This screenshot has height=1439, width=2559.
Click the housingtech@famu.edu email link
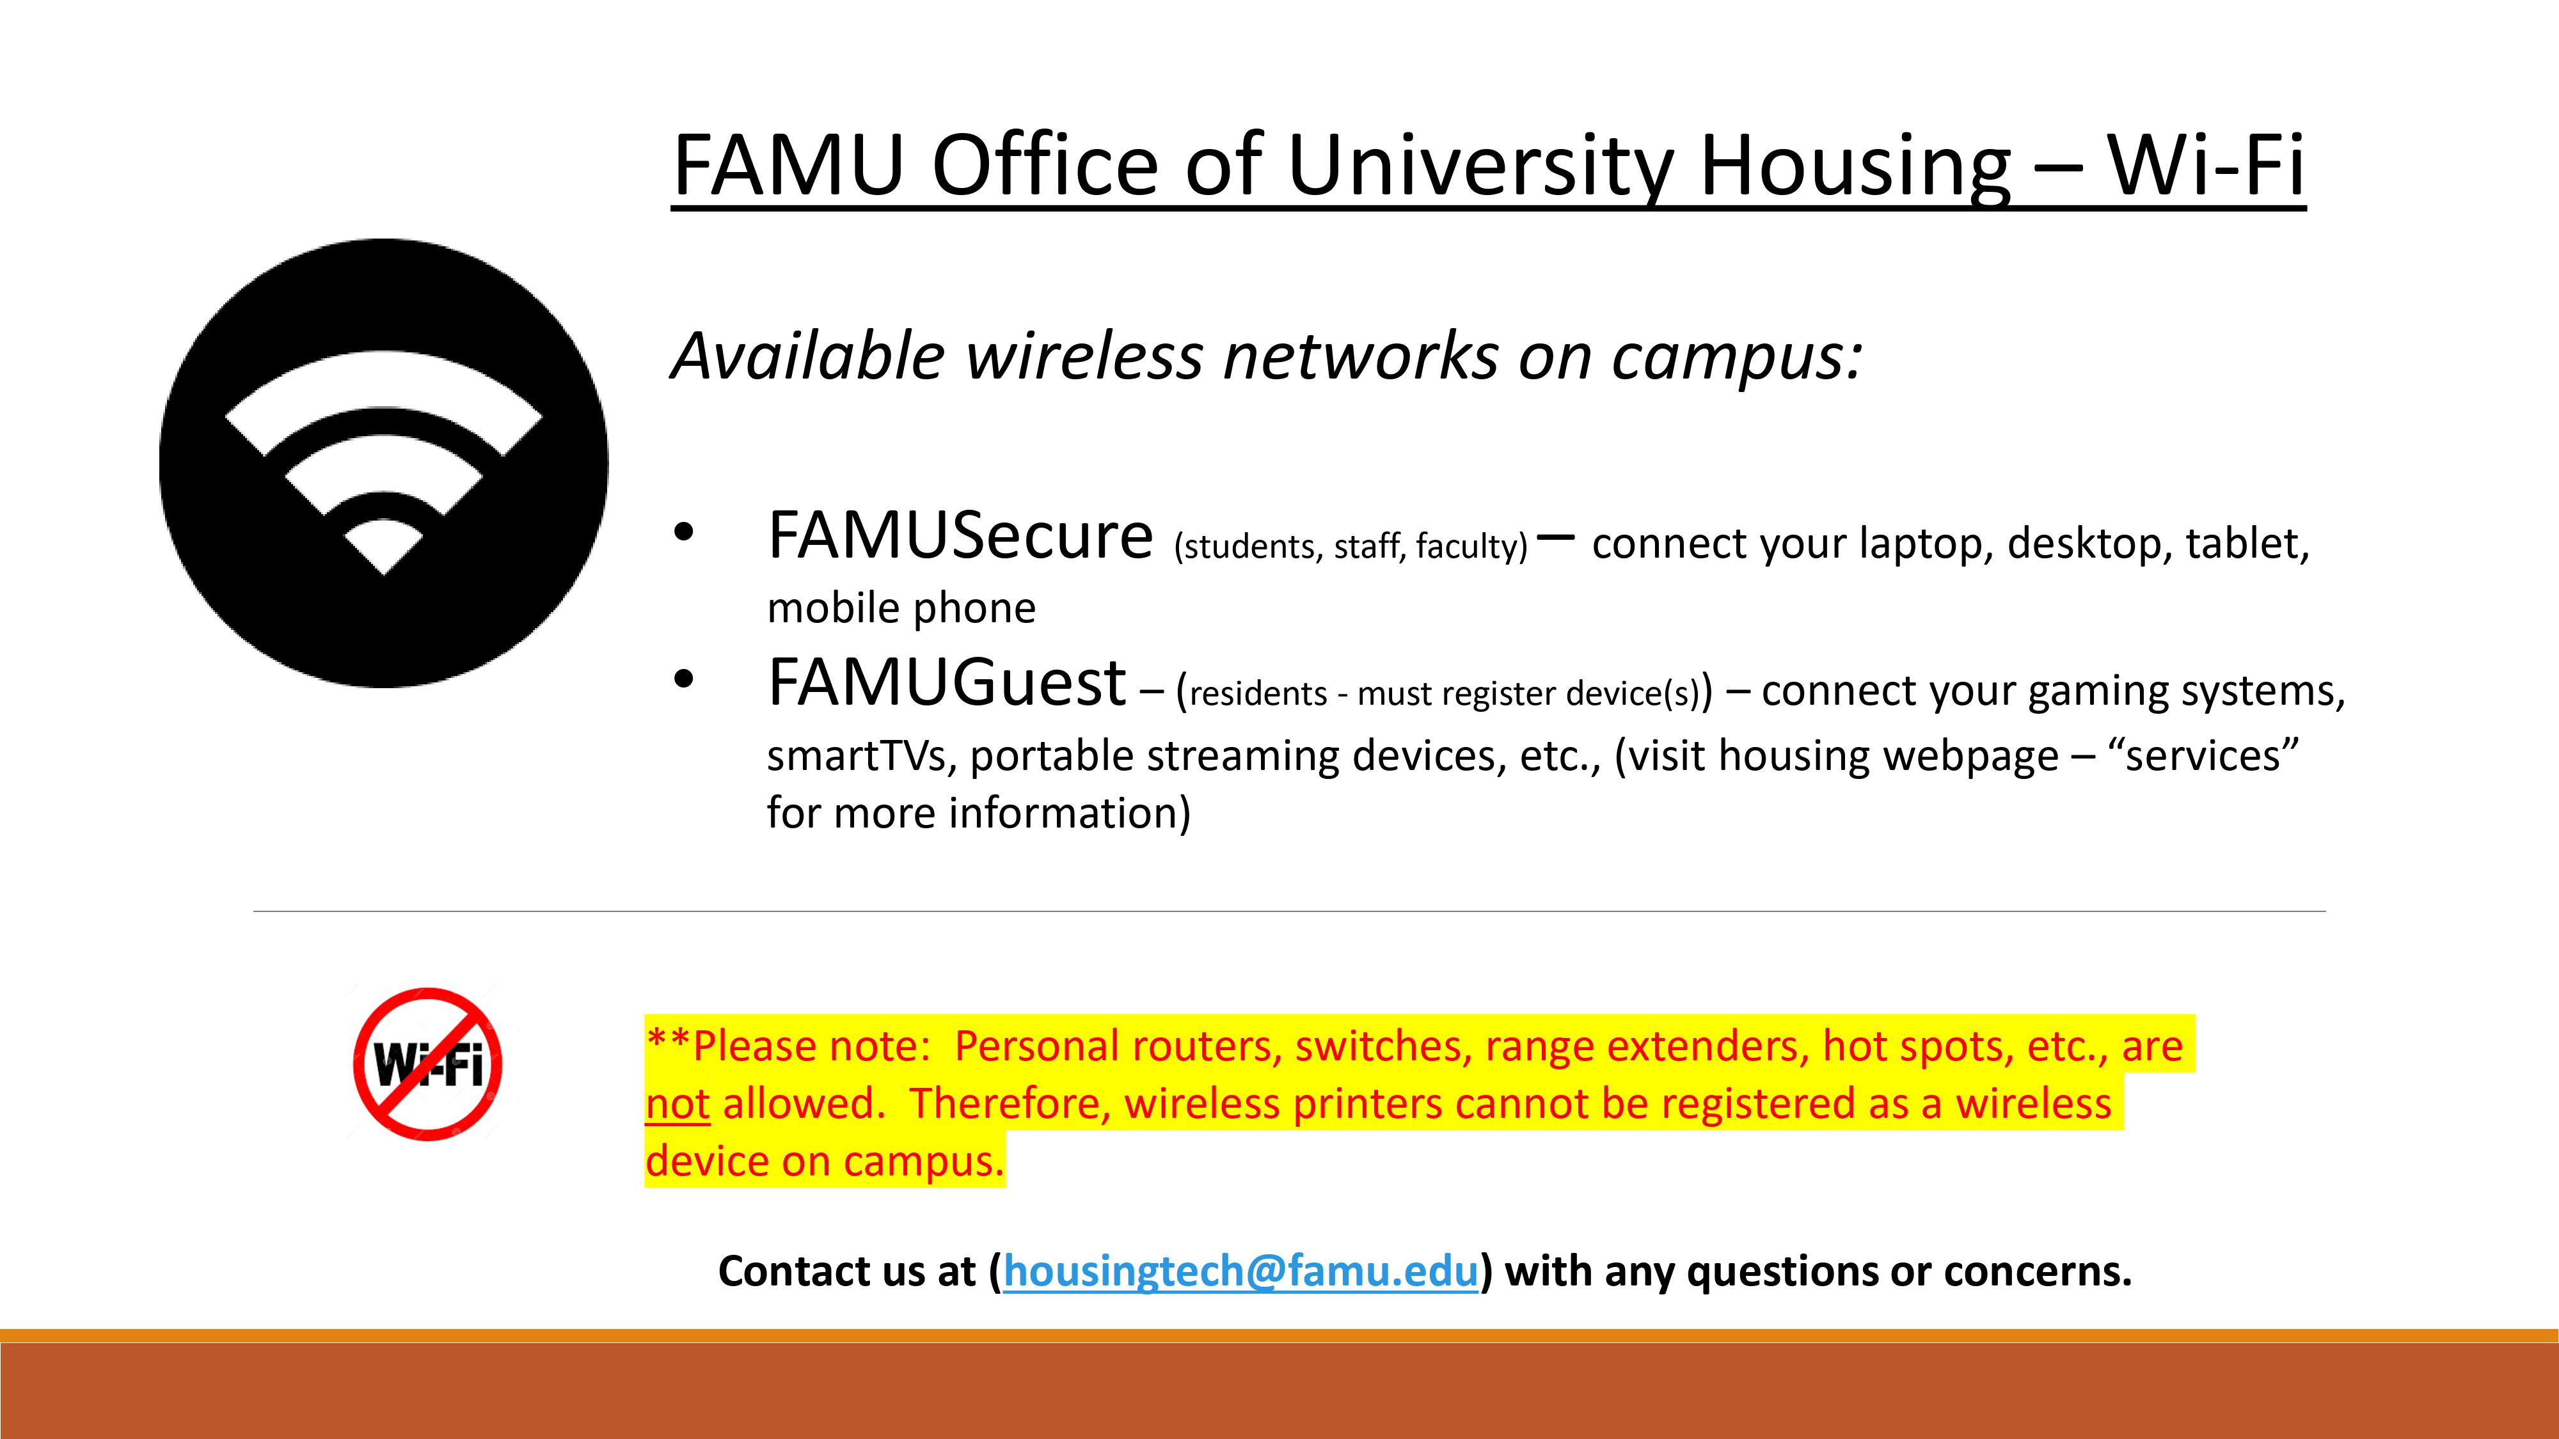point(1240,1271)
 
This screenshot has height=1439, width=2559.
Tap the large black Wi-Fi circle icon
point(383,463)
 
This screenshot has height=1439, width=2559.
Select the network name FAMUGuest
point(947,682)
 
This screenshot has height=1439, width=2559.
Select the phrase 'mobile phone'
point(901,608)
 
